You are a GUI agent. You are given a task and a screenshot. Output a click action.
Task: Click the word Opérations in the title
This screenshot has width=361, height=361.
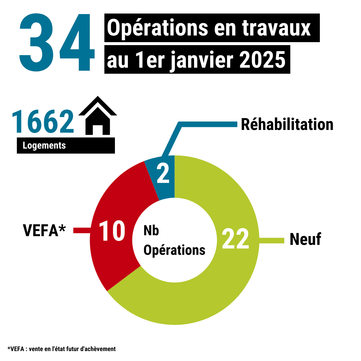coord(156,28)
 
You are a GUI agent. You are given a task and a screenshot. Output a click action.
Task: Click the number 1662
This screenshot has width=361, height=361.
coord(43,122)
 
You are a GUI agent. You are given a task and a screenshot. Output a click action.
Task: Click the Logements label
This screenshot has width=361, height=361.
coord(44,146)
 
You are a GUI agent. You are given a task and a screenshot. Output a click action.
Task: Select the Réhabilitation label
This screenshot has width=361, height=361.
coord(287,125)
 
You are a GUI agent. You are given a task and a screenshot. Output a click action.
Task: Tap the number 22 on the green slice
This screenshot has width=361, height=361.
coord(235,239)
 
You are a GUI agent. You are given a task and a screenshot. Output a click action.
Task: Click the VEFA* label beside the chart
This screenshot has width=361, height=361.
coord(44,230)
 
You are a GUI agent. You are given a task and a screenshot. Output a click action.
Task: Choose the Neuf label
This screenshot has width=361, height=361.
coord(305,239)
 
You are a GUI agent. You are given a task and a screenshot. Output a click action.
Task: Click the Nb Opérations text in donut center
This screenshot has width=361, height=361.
coord(174,241)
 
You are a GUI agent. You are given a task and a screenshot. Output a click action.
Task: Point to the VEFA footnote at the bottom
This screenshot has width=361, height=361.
coord(61,349)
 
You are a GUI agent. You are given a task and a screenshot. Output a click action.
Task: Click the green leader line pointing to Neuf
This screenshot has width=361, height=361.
coord(271,240)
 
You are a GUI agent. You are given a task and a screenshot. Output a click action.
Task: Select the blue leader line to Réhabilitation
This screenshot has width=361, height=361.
coord(208,124)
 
